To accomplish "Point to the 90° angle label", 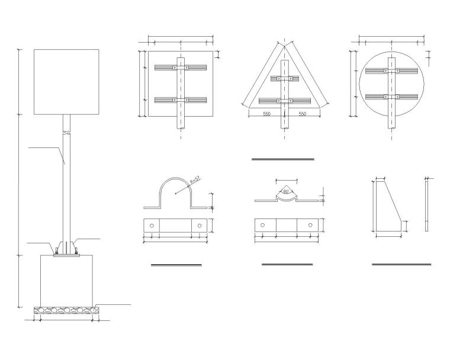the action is coord(287,192).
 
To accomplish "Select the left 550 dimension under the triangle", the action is coord(266,114).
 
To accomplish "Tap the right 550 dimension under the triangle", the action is coord(302,114).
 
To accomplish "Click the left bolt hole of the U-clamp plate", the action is coord(152,226).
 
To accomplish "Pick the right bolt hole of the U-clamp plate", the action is coord(200,226).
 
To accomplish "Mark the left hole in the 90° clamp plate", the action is coord(263,226).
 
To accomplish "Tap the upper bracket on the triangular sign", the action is coord(285,79).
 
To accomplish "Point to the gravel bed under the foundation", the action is coord(66,309).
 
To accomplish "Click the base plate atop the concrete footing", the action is coord(66,255).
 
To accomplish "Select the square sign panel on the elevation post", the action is coord(66,82).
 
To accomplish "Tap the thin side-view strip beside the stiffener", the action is coord(427,207).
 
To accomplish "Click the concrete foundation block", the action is coord(66,280).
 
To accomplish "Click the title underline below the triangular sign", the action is coord(282,159).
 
